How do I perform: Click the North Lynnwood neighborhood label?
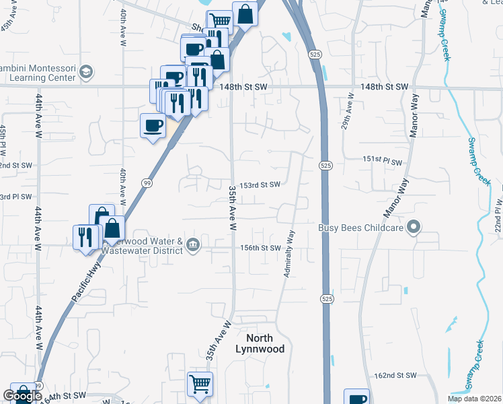coord(260,343)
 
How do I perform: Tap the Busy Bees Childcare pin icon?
coord(415,228)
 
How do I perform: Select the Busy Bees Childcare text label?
coord(360,228)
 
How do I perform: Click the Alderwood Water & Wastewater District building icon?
coord(193,243)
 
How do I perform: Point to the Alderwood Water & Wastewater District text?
coord(141,246)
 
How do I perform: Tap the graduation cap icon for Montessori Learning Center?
coord(85,71)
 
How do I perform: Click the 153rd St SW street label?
coord(260,184)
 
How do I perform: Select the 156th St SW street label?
coord(260,248)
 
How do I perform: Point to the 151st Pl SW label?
coord(382,162)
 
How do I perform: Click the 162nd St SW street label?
coord(396,375)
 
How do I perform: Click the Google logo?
coord(22,397)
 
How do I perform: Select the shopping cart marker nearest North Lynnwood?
coord(200,384)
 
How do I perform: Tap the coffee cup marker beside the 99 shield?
coord(153,125)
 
